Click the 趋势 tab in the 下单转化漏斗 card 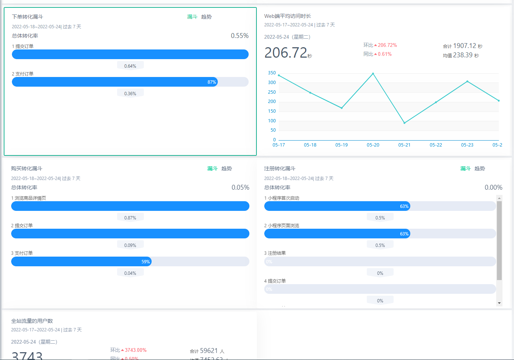[x=206, y=17]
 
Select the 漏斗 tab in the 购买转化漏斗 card [x=212, y=168]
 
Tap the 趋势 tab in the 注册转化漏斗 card [x=479, y=168]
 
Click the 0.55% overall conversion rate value [x=239, y=36]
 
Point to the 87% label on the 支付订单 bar [x=211, y=82]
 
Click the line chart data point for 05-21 [x=404, y=123]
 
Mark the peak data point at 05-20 [x=373, y=74]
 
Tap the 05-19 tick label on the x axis [x=342, y=145]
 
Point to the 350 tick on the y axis [x=272, y=73]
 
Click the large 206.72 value [x=286, y=53]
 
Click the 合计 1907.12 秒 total [x=462, y=46]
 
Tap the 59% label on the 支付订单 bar [x=145, y=262]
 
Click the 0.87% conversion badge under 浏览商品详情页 [x=130, y=218]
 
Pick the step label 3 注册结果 [x=275, y=253]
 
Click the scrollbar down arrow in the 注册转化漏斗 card [x=499, y=303]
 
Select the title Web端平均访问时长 [x=287, y=16]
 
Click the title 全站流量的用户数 [x=32, y=321]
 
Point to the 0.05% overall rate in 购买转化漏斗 [x=240, y=187]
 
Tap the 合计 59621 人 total [x=207, y=351]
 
